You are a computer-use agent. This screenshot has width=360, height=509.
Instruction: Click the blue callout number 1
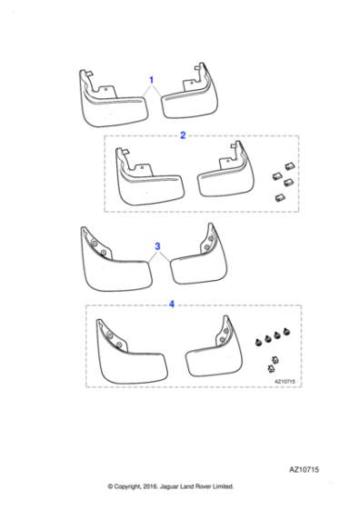(152, 80)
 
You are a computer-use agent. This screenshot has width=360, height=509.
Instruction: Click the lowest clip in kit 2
(276, 194)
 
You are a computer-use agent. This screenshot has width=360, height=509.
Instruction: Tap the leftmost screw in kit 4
(259, 344)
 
